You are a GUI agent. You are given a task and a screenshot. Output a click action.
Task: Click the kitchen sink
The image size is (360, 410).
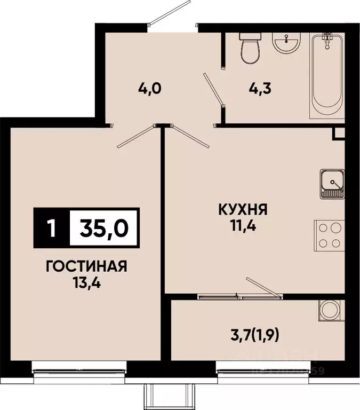pyautogui.click(x=332, y=185)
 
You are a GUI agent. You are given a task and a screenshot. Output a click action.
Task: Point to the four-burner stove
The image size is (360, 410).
pyautogui.click(x=329, y=234)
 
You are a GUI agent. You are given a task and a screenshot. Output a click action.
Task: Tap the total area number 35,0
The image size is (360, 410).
pyautogui.click(x=104, y=228)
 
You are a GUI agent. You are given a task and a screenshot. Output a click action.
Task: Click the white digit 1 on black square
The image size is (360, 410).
pyautogui.click(x=51, y=228)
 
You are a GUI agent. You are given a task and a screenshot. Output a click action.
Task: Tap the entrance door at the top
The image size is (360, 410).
pyautogui.click(x=170, y=12)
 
